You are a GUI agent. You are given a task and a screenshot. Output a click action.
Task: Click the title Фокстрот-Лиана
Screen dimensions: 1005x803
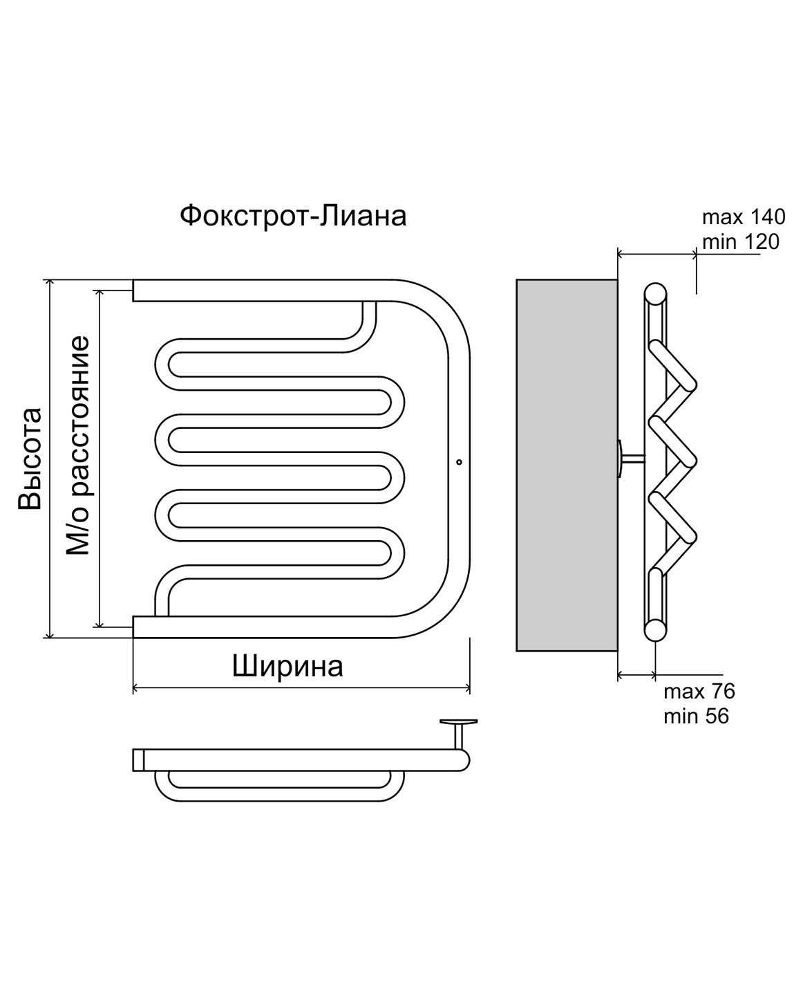293,216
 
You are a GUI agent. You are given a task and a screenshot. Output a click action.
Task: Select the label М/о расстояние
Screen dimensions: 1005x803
78,445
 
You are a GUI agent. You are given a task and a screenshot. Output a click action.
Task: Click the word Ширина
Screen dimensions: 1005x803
287,667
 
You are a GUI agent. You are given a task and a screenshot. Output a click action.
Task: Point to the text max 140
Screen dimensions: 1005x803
744,217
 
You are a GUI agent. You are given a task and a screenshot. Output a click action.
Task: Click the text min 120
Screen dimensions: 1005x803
740,242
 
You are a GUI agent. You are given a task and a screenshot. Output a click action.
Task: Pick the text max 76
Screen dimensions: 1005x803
699,691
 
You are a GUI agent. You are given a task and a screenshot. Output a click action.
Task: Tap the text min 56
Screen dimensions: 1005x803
696,717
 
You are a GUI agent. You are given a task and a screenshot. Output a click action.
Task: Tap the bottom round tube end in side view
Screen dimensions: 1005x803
655,629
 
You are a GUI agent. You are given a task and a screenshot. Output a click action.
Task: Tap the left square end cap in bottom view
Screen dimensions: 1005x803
138,759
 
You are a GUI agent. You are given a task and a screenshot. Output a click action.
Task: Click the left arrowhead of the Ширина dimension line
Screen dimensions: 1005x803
135,688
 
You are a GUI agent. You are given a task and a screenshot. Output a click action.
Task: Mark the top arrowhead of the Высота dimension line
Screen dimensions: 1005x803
49,284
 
